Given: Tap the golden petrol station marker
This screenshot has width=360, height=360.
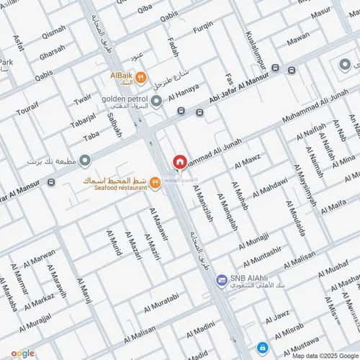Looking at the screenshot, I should click(x=156, y=100).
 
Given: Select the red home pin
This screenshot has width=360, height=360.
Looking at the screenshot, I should click(x=179, y=162).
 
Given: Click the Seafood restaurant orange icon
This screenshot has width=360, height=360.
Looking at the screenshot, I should click(x=155, y=183).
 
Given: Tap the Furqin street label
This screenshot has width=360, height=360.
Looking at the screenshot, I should click(x=202, y=26).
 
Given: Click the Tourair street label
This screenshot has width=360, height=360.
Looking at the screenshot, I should click(x=27, y=109).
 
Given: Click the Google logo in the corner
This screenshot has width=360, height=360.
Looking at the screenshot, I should click(x=22, y=353).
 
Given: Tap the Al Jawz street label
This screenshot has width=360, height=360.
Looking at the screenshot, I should click(x=276, y=317).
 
